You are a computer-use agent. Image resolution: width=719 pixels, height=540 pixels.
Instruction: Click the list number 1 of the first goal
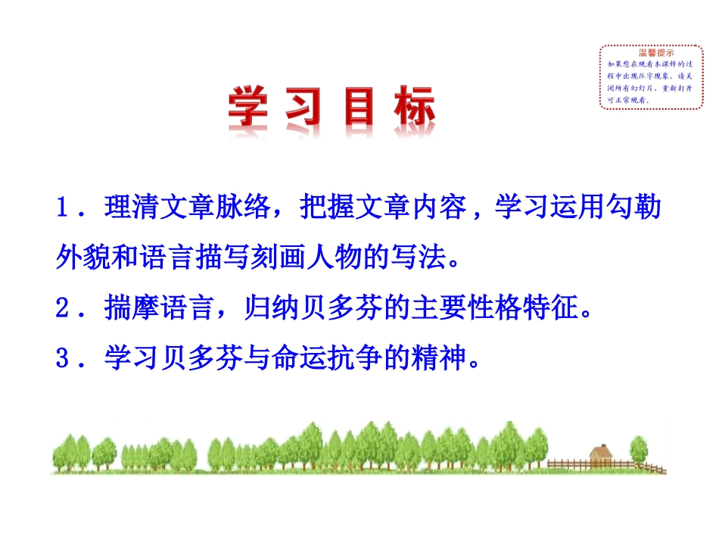tap(62, 209)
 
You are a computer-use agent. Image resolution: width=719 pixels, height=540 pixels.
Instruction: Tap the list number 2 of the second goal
tap(62, 309)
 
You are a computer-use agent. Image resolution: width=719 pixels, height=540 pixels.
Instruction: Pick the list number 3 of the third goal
tap(62, 357)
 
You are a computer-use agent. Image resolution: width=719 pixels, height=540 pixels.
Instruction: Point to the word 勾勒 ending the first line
tap(646, 209)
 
